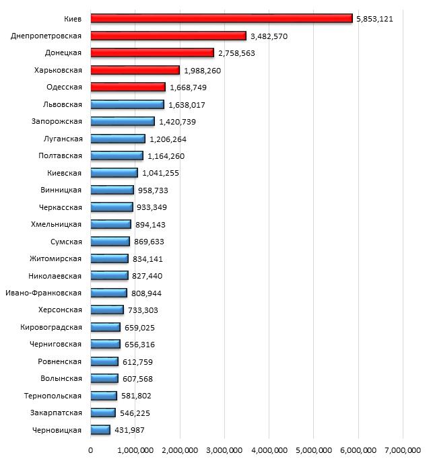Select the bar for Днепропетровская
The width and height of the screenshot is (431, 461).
tap(168, 36)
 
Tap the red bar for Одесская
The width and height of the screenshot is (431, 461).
tap(128, 87)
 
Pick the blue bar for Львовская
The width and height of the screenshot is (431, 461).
tap(127, 104)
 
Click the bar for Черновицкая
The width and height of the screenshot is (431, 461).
tap(100, 429)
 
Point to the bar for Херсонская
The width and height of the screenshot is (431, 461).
tap(107, 310)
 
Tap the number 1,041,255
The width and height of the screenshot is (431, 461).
tap(160, 173)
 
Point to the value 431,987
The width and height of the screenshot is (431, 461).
tap(130, 430)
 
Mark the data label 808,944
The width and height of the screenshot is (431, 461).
tap(147, 293)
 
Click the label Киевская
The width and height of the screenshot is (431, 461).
tap(64, 173)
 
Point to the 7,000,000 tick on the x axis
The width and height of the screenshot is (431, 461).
tap(402, 450)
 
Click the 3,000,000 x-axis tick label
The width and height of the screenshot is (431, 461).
tap(224, 450)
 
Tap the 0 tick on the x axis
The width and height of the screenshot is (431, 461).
tap(91, 450)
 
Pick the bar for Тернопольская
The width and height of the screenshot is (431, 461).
tap(104, 396)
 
